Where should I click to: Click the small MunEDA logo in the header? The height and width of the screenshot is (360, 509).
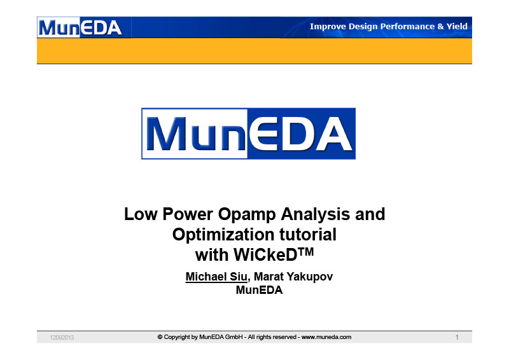tap(80, 27)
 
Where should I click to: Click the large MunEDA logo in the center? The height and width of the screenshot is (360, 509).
tap(248, 134)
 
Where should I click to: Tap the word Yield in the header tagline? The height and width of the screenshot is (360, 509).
tap(457, 26)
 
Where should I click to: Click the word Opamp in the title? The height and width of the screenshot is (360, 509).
tap(247, 215)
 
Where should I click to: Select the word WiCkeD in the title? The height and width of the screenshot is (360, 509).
tap(265, 255)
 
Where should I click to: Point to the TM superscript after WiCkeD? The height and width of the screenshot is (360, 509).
tap(305, 251)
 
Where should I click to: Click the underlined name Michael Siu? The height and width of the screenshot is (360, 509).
tap(216, 277)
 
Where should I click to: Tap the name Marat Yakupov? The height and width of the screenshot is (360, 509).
tap(293, 277)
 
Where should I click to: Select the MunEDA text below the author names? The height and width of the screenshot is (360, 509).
tap(259, 290)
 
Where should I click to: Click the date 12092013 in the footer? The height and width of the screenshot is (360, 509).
tap(62, 338)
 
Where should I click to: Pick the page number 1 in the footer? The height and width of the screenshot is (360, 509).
tap(457, 337)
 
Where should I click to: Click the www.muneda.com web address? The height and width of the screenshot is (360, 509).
tap(326, 337)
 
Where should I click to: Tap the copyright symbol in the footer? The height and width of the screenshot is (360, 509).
tap(160, 337)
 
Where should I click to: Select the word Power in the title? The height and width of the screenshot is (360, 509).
tap(188, 214)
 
